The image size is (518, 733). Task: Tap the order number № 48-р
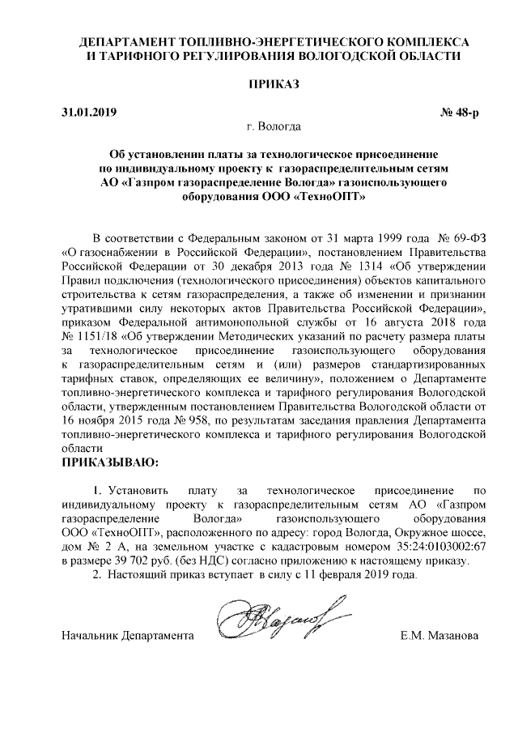click(459, 112)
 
